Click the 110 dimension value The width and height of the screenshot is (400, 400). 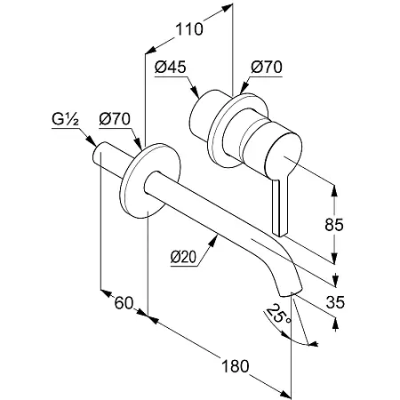189,29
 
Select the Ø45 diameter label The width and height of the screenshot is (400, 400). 170,67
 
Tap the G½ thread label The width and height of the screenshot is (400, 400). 65,119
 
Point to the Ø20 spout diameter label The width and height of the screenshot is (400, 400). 183,257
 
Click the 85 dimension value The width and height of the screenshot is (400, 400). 334,225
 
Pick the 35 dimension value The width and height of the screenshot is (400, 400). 335,302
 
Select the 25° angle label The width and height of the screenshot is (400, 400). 278,315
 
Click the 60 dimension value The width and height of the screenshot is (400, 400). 124,303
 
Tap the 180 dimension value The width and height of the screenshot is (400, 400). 236,366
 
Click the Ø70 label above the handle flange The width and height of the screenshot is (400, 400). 267,67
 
